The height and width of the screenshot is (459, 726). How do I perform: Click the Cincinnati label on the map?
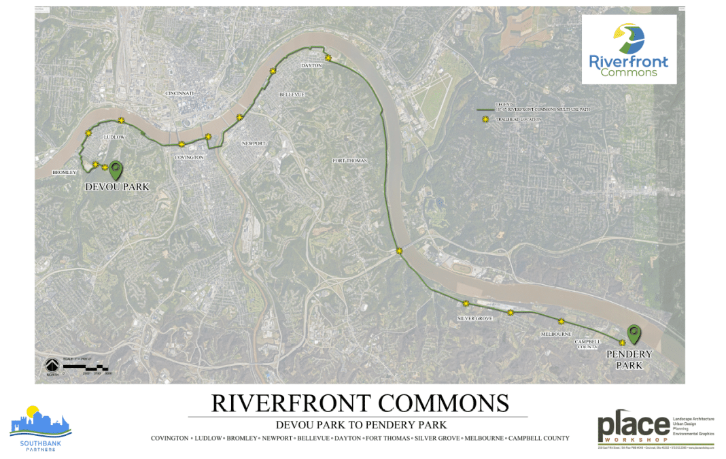(179, 92)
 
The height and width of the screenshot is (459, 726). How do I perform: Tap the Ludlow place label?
(114, 137)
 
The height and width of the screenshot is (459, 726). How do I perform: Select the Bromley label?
(65, 173)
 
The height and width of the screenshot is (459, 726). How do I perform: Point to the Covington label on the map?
(189, 157)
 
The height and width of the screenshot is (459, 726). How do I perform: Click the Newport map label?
(254, 143)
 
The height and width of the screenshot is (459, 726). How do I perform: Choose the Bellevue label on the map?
(292, 94)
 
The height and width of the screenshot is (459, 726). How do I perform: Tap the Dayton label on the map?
(311, 65)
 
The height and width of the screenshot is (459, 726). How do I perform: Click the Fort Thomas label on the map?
(349, 160)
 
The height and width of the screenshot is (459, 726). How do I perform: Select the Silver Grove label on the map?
(474, 318)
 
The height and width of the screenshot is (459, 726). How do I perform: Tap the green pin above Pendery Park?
(634, 333)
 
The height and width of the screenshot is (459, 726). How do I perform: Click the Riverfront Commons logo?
(629, 50)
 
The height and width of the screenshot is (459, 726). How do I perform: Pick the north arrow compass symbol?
(52, 366)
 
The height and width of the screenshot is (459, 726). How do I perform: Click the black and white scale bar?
(87, 367)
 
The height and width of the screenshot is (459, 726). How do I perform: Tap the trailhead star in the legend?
(485, 119)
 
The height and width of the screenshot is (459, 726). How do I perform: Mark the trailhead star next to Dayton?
(328, 58)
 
